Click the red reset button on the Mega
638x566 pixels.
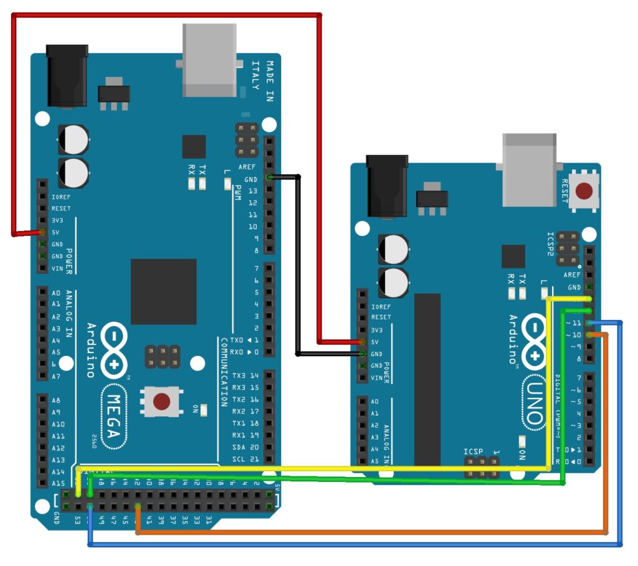pos(162,402)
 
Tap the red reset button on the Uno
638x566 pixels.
pos(584,190)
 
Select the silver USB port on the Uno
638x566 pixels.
pos(530,169)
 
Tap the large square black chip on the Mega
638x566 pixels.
pos(163,291)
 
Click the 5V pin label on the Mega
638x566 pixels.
pos(56,232)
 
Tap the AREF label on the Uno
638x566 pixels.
pos(571,275)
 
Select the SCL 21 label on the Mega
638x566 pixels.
pos(246,459)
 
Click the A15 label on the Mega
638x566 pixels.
pos(58,484)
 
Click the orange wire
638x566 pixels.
pos(374,533)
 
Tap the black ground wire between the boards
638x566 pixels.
pos(298,268)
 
